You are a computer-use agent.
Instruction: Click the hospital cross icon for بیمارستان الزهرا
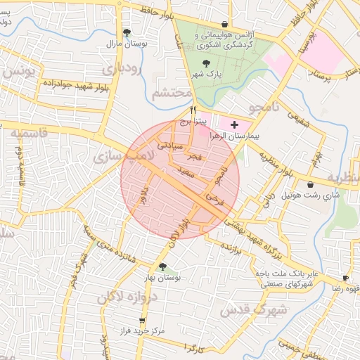tap(234, 124)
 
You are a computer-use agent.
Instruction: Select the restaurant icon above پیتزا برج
tap(193, 110)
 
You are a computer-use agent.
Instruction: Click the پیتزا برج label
tap(193, 121)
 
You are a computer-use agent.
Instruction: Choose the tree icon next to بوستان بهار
tap(162, 267)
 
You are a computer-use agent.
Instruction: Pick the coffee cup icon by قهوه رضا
tap(345, 278)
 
